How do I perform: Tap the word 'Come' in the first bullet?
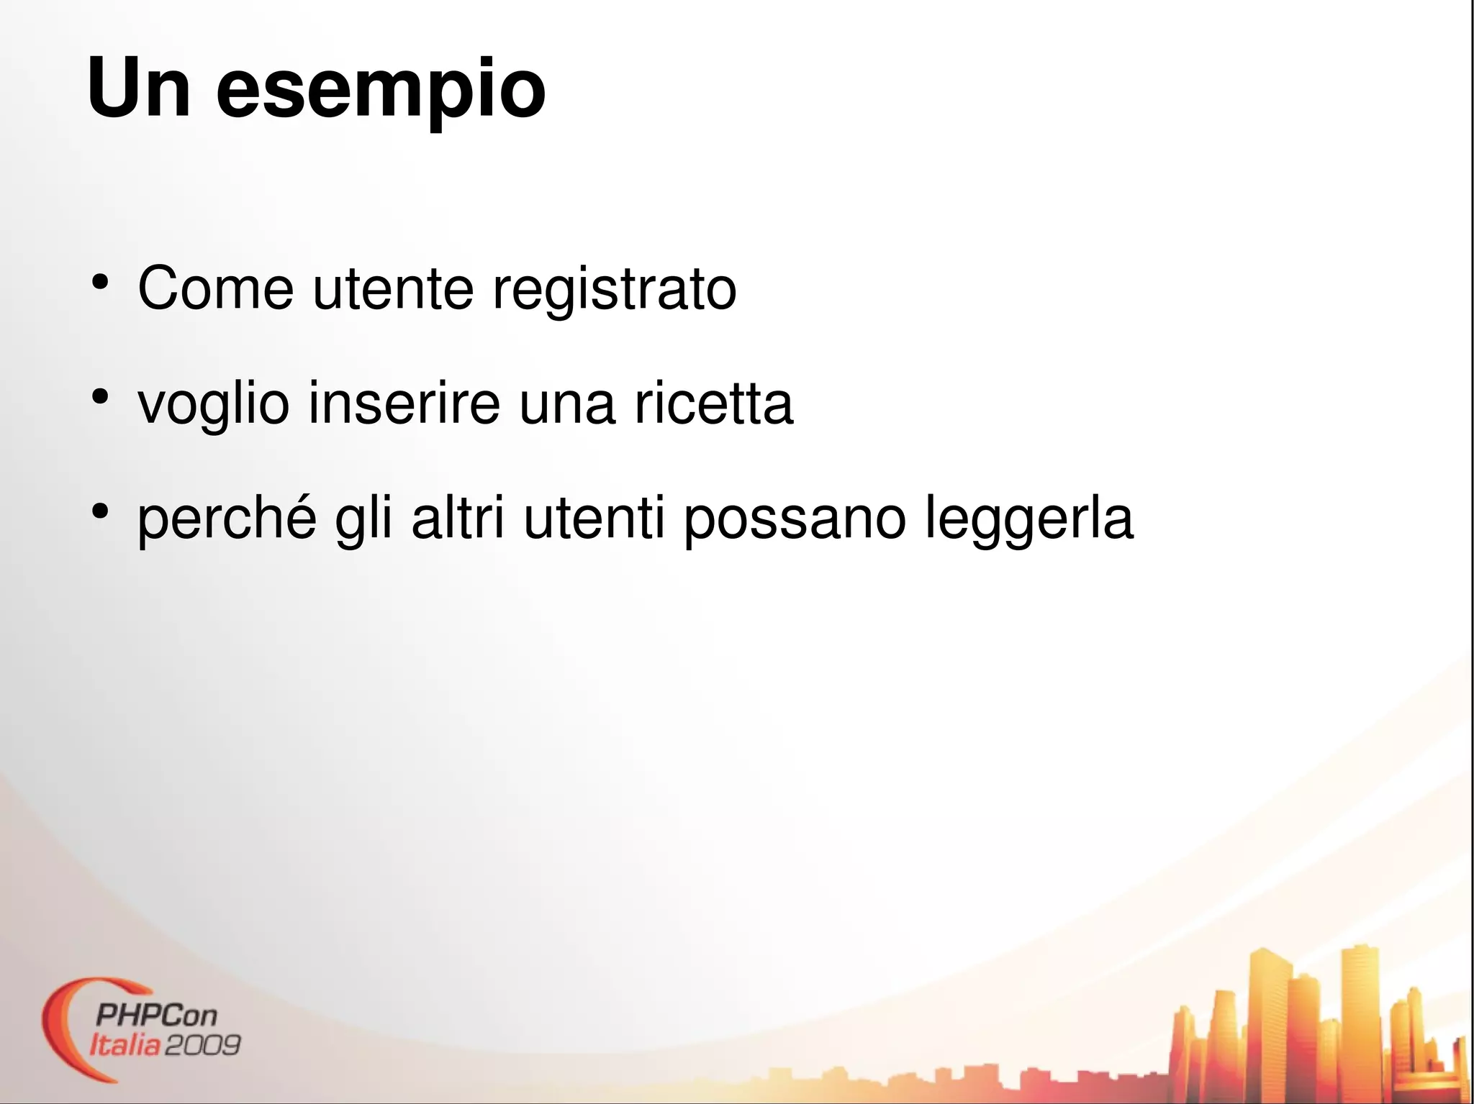215,288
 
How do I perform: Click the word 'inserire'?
404,403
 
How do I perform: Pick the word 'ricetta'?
713,403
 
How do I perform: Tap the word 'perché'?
227,520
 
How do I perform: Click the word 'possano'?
795,520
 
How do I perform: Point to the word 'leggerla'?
1029,520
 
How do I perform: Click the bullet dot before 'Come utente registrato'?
100,282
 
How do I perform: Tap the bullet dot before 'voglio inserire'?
100,397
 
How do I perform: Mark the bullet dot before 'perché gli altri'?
100,512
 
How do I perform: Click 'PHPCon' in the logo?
155,1016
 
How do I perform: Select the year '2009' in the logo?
202,1045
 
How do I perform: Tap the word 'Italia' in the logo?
125,1045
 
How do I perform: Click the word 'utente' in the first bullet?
393,290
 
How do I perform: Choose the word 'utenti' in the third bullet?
594,519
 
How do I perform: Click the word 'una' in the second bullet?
567,405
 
